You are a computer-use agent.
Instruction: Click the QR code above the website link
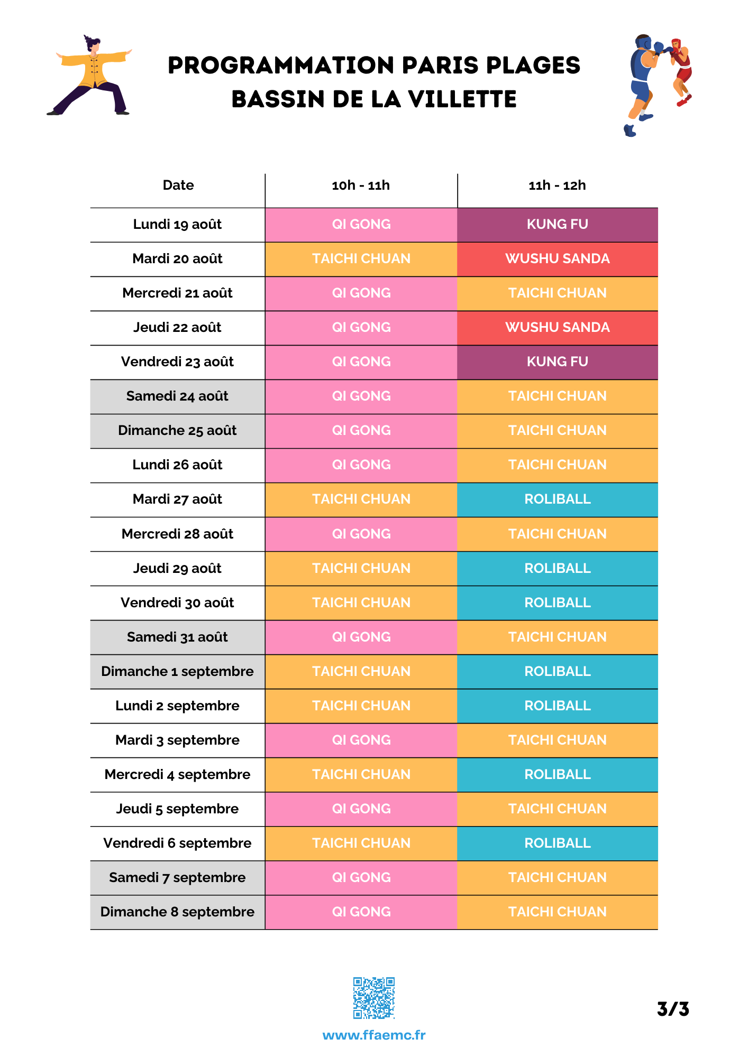(x=374, y=998)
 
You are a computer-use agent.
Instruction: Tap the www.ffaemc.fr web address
(x=374, y=1035)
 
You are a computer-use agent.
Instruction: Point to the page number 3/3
(x=673, y=1009)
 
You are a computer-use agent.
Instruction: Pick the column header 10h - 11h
(x=361, y=186)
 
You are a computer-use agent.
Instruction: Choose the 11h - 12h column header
(x=558, y=186)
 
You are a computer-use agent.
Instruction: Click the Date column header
(x=178, y=185)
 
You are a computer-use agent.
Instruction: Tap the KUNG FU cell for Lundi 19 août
(x=558, y=225)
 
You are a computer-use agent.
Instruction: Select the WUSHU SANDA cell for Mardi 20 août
(x=558, y=259)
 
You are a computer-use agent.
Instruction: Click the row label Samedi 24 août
(x=177, y=396)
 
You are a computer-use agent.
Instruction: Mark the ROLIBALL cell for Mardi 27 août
(x=558, y=499)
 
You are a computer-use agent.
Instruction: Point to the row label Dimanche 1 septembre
(x=177, y=672)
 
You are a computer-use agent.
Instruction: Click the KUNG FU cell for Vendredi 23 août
(x=558, y=362)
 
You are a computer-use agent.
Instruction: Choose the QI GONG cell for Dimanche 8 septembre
(x=361, y=912)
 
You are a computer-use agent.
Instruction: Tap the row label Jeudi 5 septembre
(x=177, y=809)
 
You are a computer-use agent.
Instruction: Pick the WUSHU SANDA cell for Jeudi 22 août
(x=558, y=328)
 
